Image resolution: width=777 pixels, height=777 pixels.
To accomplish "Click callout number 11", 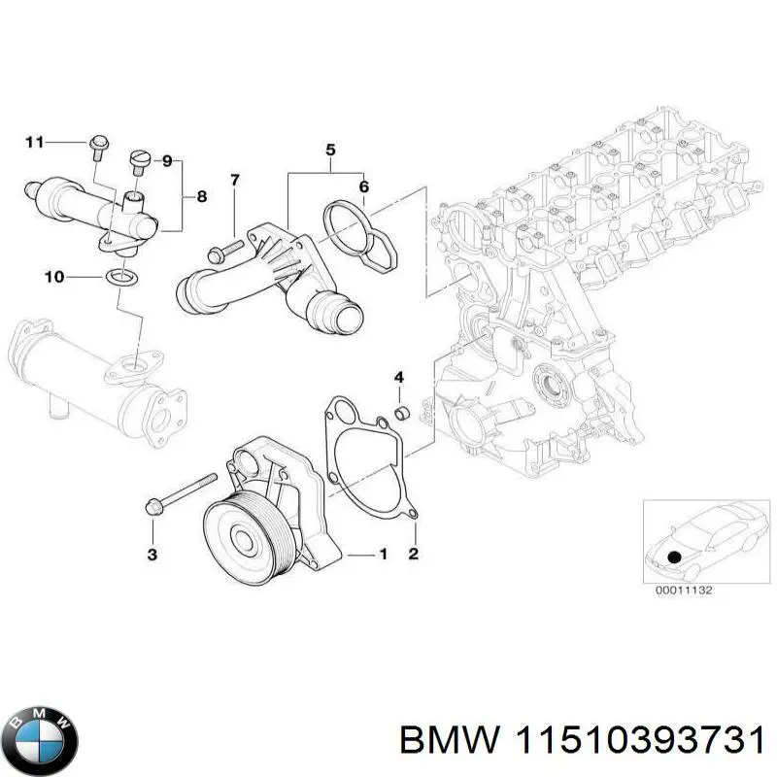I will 34,143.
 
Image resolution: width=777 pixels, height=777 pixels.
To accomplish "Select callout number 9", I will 166,160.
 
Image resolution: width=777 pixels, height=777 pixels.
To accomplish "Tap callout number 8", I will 201,196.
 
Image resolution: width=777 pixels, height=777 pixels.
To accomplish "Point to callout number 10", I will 53,278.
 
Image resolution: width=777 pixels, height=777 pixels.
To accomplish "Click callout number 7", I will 233,180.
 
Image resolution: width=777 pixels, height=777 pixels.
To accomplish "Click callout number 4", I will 398,377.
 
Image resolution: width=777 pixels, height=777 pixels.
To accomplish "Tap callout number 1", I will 383,555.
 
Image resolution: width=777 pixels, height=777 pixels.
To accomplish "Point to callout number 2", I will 413,555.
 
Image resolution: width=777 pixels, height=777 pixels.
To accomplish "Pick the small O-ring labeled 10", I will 119,279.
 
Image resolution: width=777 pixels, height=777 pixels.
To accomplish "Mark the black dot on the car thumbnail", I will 672,557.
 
